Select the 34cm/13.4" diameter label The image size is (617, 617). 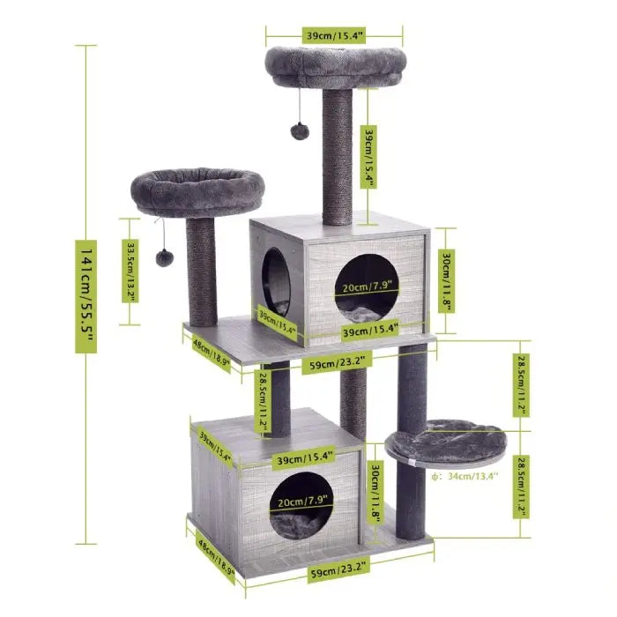click(468, 476)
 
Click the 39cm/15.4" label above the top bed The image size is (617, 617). click(334, 35)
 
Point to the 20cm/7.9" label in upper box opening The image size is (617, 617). click(366, 286)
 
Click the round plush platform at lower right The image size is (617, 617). click(445, 441)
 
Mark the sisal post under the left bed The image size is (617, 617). click(202, 269)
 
